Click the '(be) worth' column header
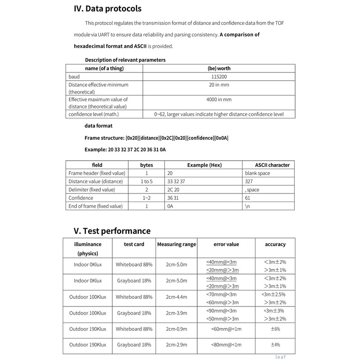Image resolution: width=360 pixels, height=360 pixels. tap(219, 68)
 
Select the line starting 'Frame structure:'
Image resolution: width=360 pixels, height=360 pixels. tap(156, 137)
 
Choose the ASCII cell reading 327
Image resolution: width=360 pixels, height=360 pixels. tap(249, 181)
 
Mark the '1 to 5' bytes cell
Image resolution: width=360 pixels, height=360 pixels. tap(147, 181)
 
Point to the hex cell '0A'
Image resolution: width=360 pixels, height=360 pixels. tap(170, 206)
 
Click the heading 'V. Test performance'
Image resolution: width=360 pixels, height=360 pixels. tap(112, 231)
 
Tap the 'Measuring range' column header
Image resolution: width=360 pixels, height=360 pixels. tap(176, 244)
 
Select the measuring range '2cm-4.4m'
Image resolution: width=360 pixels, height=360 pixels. tap(176, 297)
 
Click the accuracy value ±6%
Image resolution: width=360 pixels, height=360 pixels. tap(275, 329)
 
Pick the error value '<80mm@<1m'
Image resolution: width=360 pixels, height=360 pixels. tap(226, 345)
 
